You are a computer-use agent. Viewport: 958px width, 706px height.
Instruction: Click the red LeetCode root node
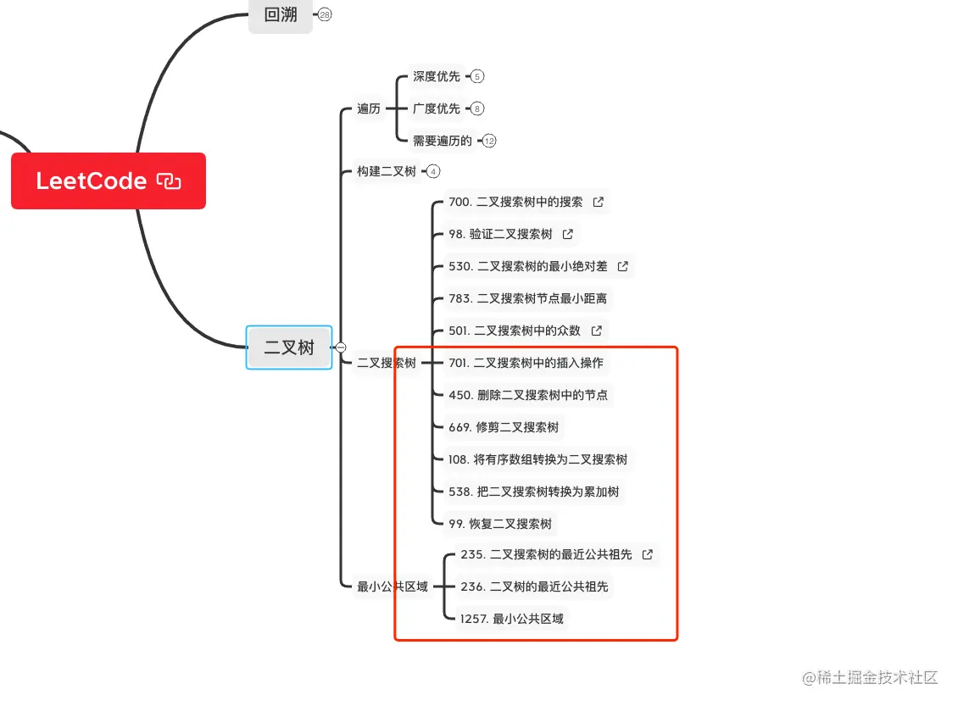[108, 181]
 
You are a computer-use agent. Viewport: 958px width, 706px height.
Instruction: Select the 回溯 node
[280, 14]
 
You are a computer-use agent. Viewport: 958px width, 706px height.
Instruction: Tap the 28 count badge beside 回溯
[325, 14]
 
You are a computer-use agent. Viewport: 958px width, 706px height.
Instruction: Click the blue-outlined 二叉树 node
[289, 347]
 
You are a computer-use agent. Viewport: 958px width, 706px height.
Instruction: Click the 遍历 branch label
[369, 108]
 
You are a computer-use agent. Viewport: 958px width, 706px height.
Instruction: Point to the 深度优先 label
[437, 76]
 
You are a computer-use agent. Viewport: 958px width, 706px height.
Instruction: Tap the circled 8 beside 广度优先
[477, 108]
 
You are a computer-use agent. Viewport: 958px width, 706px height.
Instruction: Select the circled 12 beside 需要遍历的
[489, 141]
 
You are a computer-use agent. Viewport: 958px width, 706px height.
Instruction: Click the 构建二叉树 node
[387, 171]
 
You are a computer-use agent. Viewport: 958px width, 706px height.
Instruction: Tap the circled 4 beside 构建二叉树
[433, 171]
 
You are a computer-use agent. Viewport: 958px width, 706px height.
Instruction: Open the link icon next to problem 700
[599, 202]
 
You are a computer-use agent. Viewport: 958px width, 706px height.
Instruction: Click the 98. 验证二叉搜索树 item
[500, 234]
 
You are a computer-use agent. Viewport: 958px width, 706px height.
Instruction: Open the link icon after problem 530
[623, 266]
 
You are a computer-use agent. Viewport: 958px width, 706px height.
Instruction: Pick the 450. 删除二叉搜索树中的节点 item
[528, 395]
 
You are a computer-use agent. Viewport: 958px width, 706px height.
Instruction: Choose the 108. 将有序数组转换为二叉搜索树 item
[538, 459]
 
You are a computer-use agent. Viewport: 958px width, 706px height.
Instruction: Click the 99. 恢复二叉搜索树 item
[500, 524]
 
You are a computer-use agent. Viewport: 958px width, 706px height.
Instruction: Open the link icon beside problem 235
[648, 554]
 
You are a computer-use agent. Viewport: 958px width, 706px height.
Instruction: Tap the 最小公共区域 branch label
[393, 586]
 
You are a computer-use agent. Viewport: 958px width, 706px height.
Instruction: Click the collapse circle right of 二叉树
[341, 347]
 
